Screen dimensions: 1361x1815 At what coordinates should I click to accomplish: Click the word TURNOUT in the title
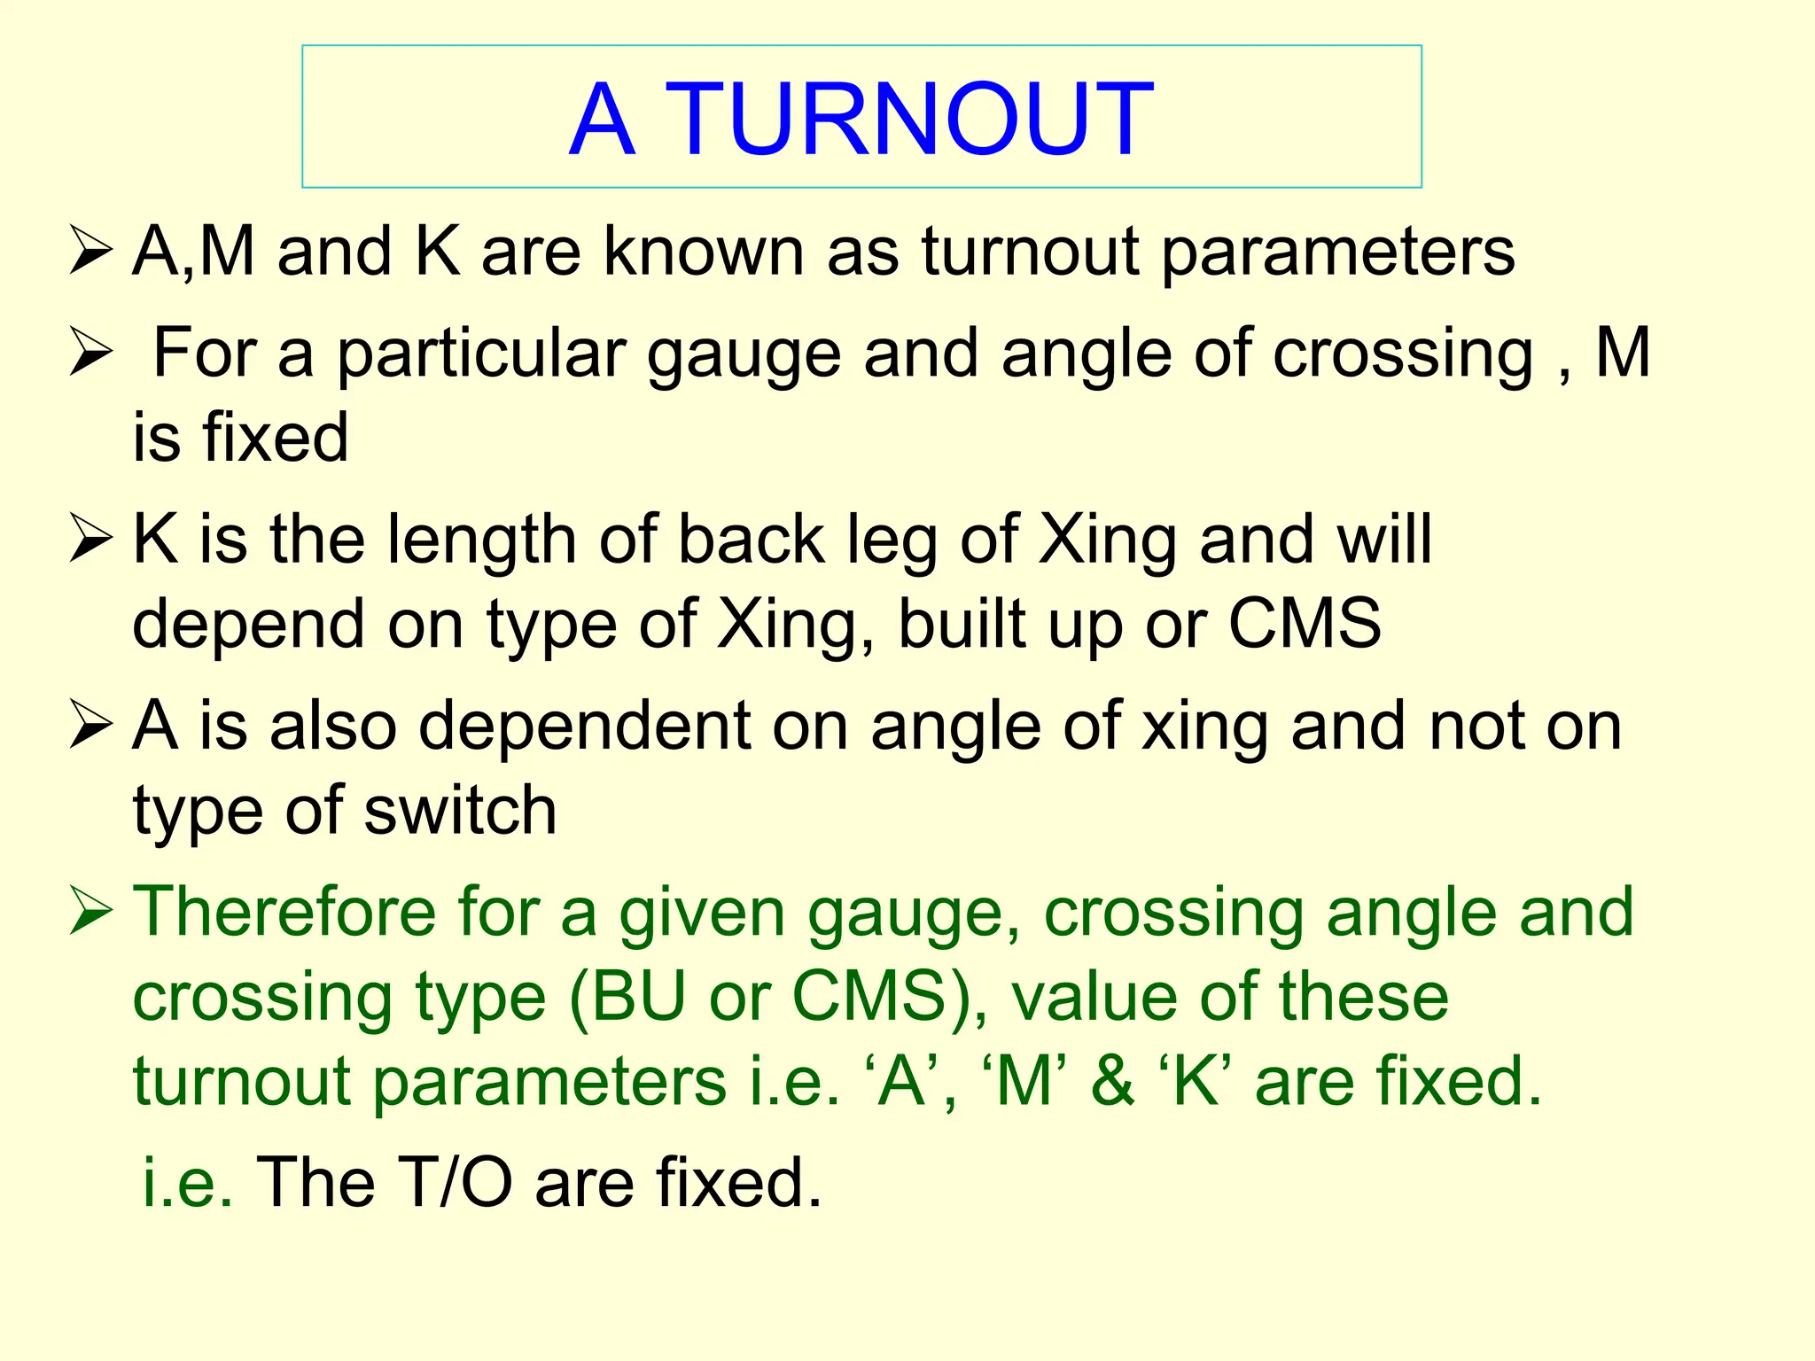click(x=909, y=120)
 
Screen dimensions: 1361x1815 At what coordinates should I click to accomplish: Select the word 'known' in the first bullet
click(x=704, y=252)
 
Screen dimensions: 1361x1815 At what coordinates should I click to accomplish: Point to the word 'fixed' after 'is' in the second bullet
click(x=275, y=437)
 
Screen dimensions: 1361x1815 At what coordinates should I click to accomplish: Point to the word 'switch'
click(x=460, y=811)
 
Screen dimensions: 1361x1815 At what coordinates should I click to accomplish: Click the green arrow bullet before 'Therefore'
click(x=90, y=913)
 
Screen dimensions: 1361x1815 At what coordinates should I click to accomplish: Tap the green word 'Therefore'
click(x=284, y=912)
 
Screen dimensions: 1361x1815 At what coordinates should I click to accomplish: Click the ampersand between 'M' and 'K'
click(x=1113, y=1081)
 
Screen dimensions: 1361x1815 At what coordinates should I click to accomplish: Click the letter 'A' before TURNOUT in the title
click(x=602, y=120)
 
